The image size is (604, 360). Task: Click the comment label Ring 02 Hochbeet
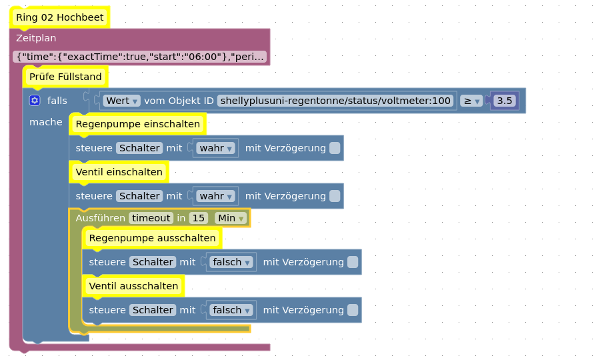tap(60, 17)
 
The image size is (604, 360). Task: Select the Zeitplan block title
tap(36, 38)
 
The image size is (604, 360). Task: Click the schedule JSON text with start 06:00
tap(140, 57)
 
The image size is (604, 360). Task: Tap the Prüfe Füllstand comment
tap(65, 77)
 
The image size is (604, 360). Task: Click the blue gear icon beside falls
tap(35, 101)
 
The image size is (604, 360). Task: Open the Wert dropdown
tap(122, 101)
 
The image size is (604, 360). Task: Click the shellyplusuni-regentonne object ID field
tap(335, 101)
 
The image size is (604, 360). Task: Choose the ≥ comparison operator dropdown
tap(471, 101)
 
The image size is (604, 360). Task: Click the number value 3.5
tap(505, 101)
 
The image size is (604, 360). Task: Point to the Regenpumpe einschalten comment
tap(138, 124)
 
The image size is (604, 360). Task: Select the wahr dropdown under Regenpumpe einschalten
tap(215, 148)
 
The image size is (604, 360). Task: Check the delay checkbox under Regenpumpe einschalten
tap(335, 148)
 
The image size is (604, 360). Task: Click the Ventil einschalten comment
tap(119, 172)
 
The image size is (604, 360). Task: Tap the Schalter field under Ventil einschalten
tap(139, 196)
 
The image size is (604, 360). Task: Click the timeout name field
tap(151, 218)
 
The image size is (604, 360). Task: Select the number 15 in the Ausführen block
tap(199, 218)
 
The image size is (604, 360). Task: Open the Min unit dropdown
tap(231, 218)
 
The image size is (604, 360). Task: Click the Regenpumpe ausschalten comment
tap(152, 238)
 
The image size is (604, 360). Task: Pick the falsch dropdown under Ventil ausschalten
tap(231, 310)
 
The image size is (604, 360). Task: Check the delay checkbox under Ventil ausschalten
tap(353, 310)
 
